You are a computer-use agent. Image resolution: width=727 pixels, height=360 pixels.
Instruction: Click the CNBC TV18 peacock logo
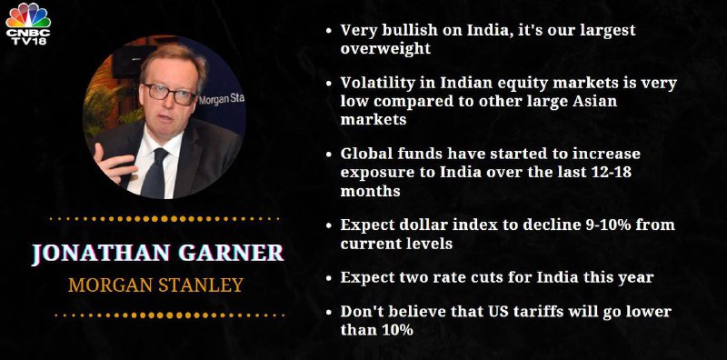tap(28, 24)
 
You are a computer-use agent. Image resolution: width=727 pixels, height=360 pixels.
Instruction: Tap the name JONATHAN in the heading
tap(100, 254)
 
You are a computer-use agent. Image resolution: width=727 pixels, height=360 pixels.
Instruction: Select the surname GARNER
tap(232, 254)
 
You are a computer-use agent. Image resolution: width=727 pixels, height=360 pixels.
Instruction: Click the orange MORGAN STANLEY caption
tap(155, 285)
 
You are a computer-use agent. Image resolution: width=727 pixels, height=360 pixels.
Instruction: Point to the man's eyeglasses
tap(169, 94)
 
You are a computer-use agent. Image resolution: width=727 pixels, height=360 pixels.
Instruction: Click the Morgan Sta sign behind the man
tap(221, 99)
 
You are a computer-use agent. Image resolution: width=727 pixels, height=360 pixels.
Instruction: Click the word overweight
tap(385, 48)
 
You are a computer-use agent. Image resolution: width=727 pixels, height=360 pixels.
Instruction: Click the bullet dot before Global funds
tap(329, 155)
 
